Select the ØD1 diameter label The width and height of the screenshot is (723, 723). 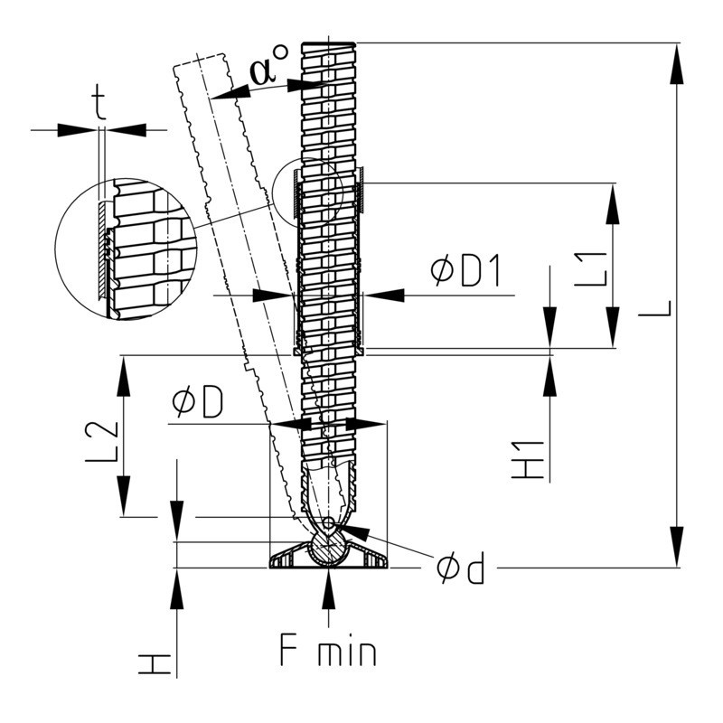[465, 270]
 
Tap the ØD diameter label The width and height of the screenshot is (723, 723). [197, 404]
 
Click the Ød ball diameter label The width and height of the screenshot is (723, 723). [459, 568]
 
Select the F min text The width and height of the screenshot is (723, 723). [326, 651]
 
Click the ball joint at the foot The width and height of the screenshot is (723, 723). [327, 548]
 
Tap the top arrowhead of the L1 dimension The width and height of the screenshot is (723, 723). [613, 202]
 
